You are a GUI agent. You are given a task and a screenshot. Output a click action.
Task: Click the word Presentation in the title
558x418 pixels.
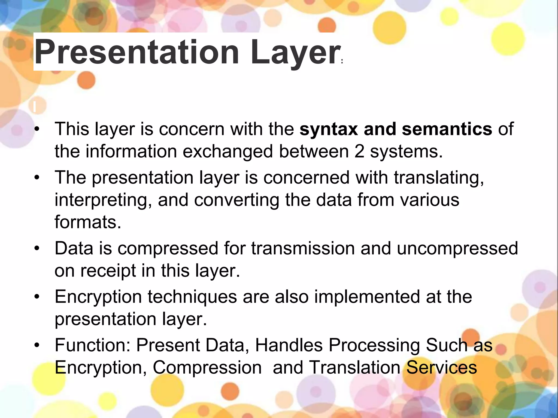pyautogui.click(x=136, y=52)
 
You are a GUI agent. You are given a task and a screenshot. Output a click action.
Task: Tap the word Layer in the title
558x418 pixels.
pyautogui.click(x=295, y=52)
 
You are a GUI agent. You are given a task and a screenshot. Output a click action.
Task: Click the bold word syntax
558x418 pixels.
pyautogui.click(x=329, y=129)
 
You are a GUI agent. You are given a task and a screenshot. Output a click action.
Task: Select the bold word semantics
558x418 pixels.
pyautogui.click(x=447, y=129)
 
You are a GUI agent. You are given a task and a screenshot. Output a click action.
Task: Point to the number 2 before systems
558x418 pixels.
pyautogui.click(x=359, y=151)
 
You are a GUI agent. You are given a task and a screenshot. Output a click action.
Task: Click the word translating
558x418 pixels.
pyautogui.click(x=439, y=177)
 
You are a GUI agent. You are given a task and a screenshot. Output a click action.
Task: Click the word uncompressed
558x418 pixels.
pyautogui.click(x=457, y=248)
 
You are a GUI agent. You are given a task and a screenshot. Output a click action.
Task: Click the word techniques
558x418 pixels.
pyautogui.click(x=192, y=297)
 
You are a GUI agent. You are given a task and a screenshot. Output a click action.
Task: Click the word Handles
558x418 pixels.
pyautogui.click(x=289, y=345)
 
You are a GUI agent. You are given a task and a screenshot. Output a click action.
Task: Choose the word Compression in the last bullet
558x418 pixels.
pyautogui.click(x=207, y=368)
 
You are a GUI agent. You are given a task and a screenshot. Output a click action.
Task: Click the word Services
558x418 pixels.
pyautogui.click(x=441, y=367)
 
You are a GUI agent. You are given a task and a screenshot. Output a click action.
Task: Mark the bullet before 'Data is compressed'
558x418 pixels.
pyautogui.click(x=37, y=248)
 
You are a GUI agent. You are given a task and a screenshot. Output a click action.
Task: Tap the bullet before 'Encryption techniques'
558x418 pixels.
pyautogui.click(x=37, y=297)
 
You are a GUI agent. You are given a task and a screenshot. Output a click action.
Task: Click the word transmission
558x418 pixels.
pyautogui.click(x=303, y=248)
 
